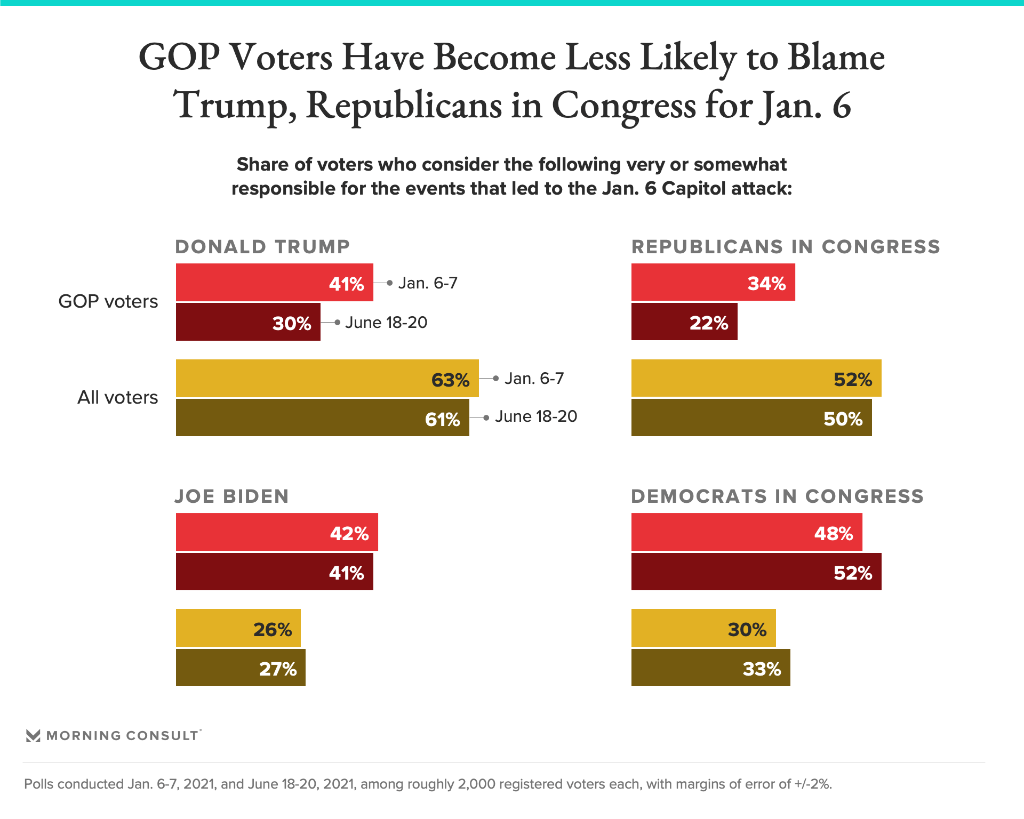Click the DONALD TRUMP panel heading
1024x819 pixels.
[262, 247]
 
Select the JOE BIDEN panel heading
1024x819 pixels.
[232, 496]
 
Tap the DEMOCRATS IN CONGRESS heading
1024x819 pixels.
[777, 496]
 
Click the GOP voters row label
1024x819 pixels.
[108, 302]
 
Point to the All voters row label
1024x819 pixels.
[118, 398]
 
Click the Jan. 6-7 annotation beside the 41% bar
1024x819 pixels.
[428, 283]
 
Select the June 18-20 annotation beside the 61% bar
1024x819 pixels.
[536, 416]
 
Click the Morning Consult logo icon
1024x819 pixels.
[33, 736]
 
